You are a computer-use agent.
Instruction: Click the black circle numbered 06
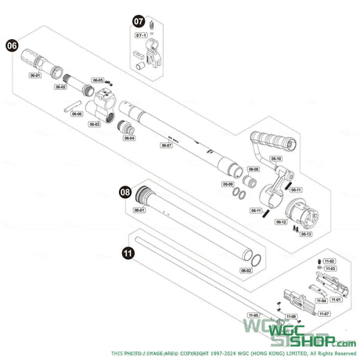coord(13,46)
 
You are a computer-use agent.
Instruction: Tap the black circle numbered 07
coord(138,21)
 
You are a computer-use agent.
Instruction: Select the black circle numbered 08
coord(124,190)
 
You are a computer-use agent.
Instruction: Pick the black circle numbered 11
coord(128,253)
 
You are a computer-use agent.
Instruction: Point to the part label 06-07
coord(166,145)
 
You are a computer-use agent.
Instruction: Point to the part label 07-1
coord(142,36)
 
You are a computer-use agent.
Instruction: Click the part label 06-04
coord(129,139)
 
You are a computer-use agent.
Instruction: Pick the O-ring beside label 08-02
coord(255,258)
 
